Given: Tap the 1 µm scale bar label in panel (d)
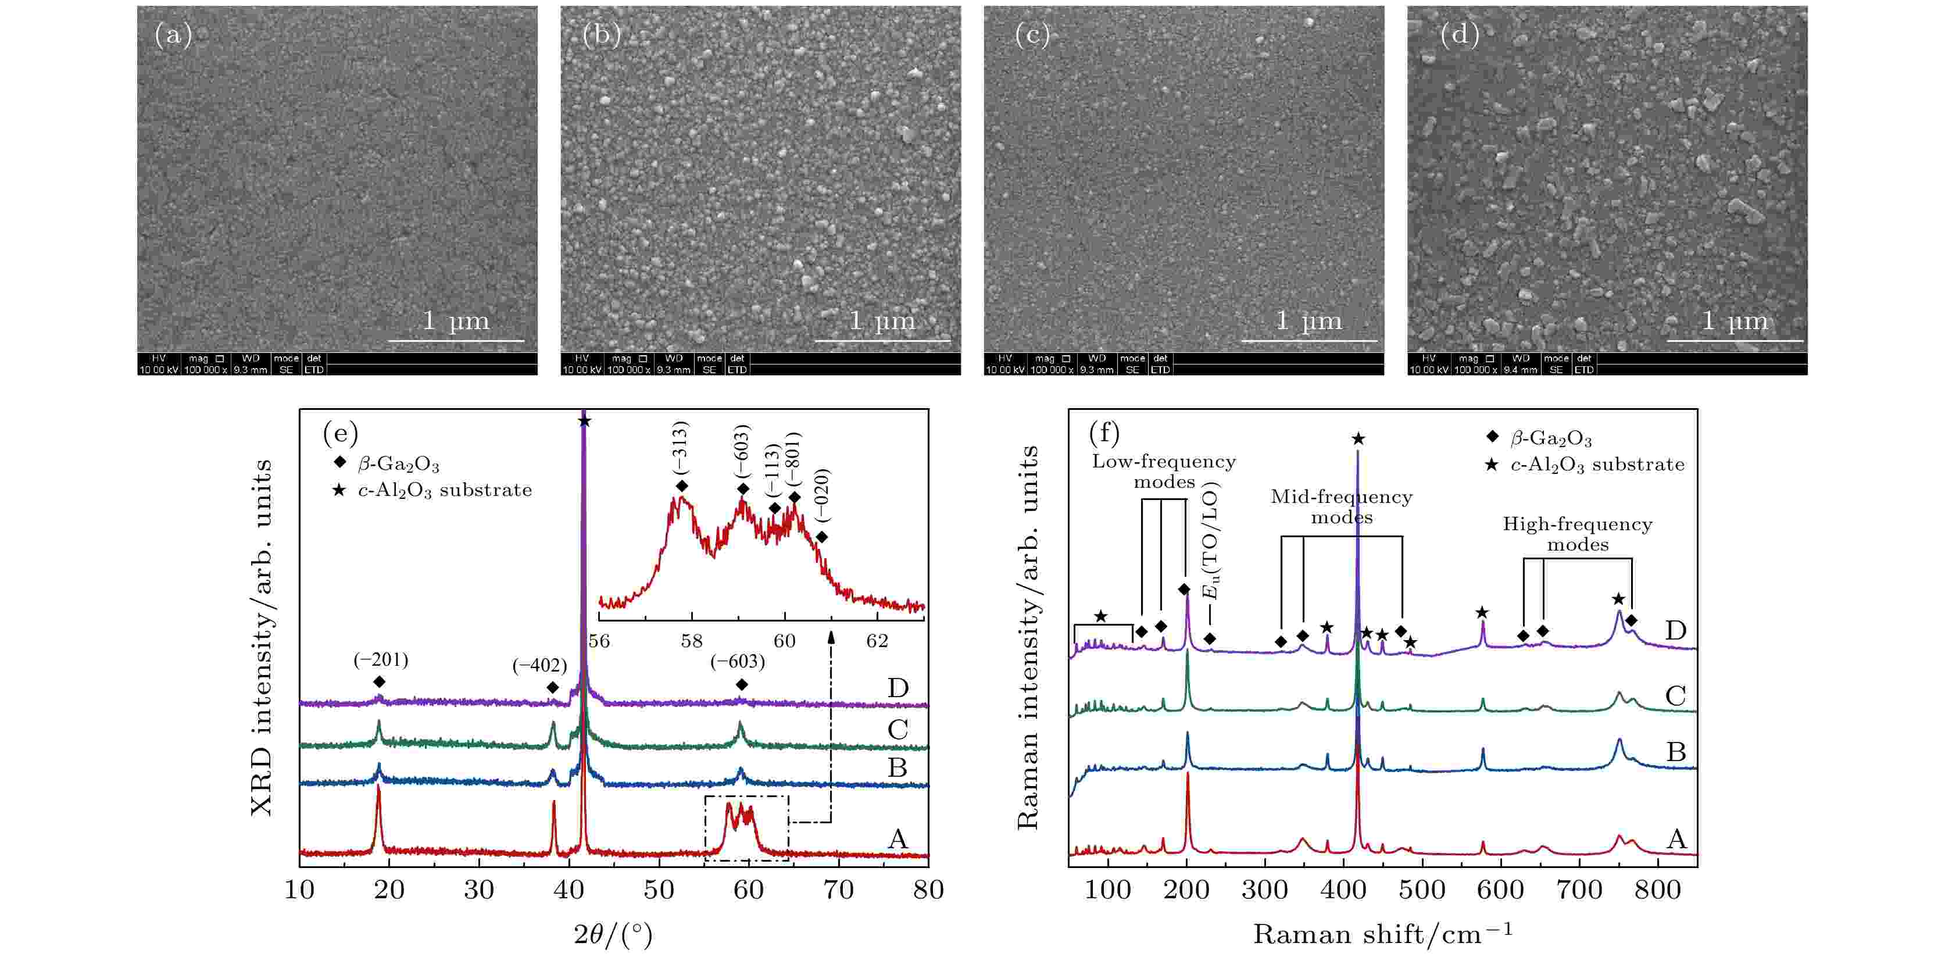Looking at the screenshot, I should coord(1735,321).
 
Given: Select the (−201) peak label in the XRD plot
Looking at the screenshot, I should coord(381,660).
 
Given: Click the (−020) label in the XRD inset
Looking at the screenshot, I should coord(823,495).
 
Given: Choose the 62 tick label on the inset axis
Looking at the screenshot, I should coord(877,641).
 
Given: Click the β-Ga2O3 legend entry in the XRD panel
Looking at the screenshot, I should coord(398,464).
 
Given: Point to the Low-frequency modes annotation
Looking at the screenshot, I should coord(1164,472).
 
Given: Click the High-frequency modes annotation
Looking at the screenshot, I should coord(1577,534).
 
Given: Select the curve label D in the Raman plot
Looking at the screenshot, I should coord(1675,630).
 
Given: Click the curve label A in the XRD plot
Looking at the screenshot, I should coord(897,838).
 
